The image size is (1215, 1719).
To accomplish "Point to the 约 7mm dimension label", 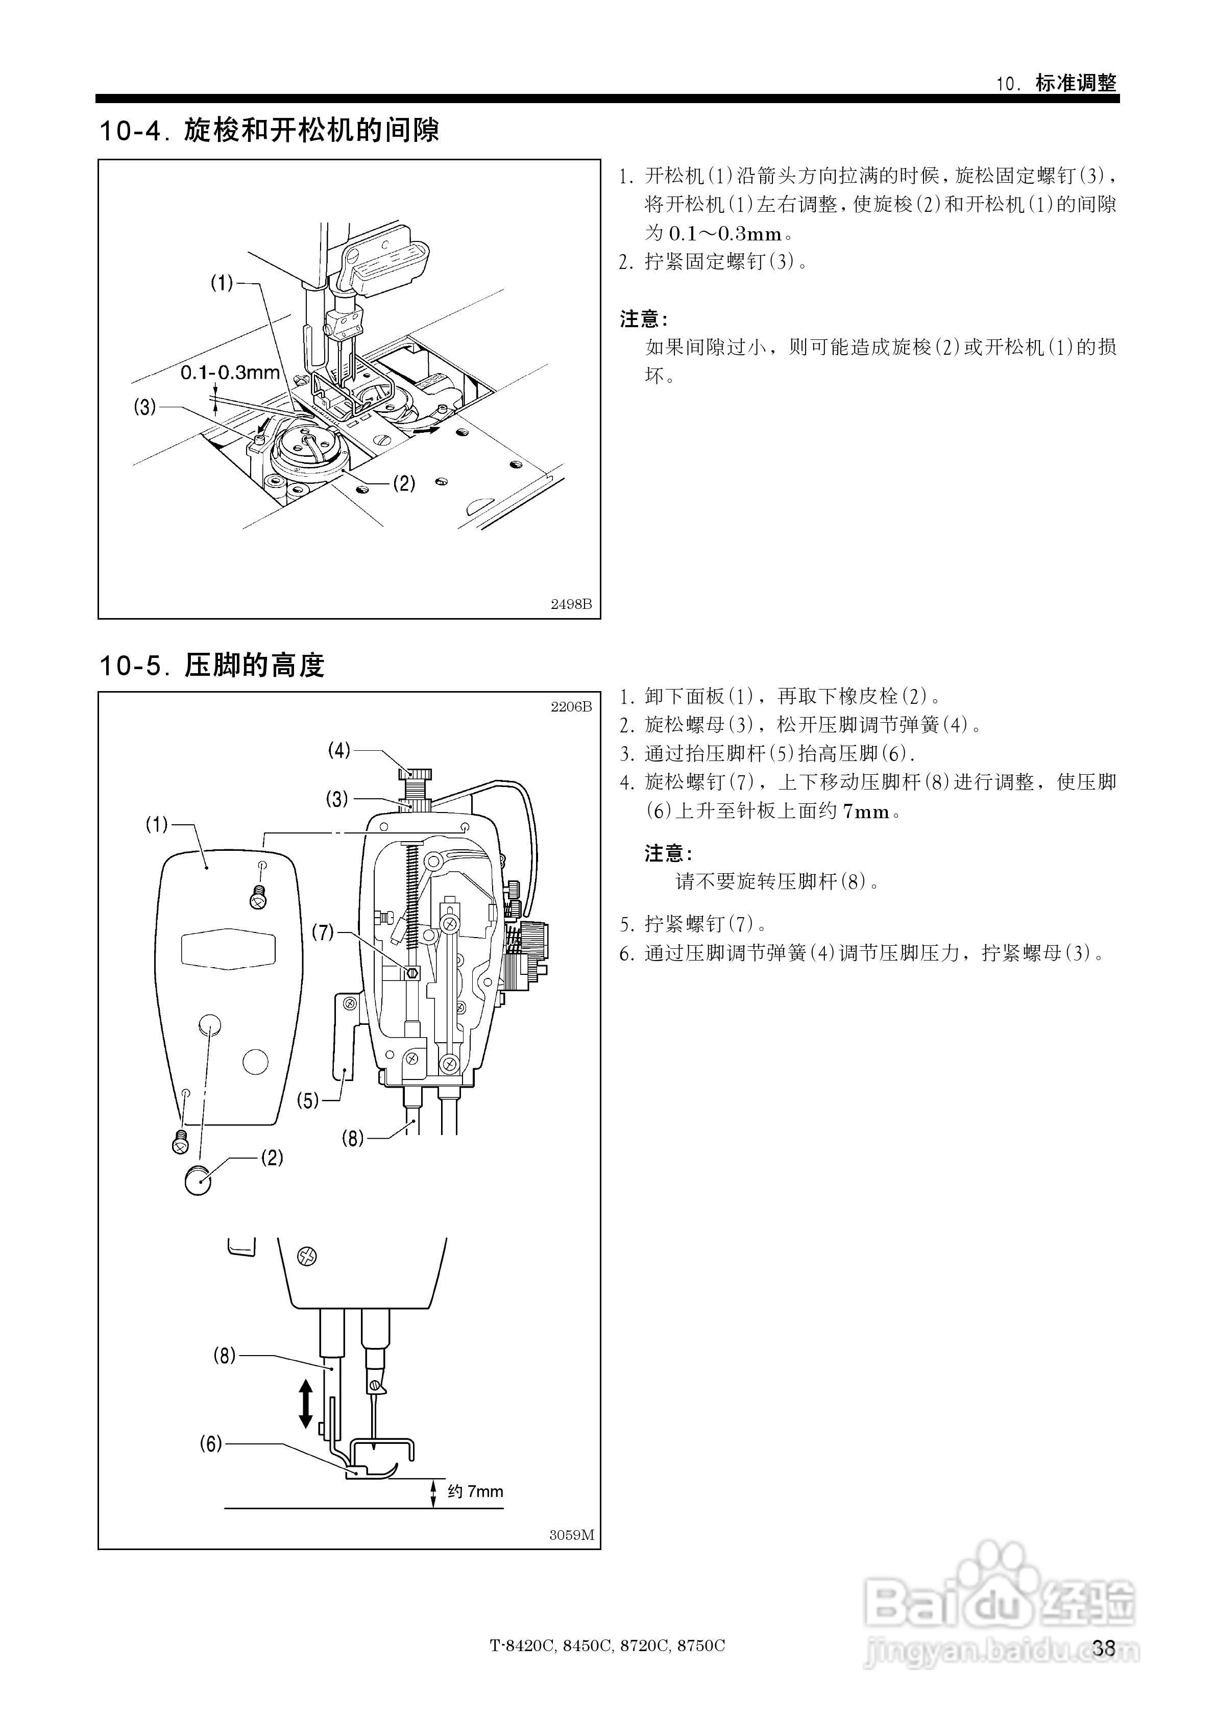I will pyautogui.click(x=475, y=1491).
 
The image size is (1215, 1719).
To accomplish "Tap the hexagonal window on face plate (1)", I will pyautogui.click(x=229, y=948).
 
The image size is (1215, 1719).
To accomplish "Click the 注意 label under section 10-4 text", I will pyautogui.click(x=643, y=320).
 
